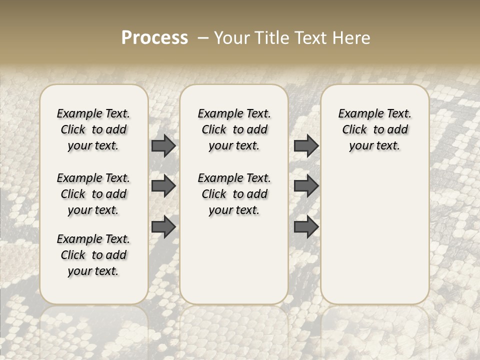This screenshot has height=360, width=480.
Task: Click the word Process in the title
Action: tap(154, 38)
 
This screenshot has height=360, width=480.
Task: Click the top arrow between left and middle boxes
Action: tap(163, 146)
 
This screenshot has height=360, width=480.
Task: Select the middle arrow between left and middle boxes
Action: tap(163, 186)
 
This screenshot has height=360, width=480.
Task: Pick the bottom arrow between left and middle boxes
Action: tap(163, 226)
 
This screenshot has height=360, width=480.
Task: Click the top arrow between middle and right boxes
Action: tap(306, 146)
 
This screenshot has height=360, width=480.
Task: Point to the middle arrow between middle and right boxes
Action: tap(306, 186)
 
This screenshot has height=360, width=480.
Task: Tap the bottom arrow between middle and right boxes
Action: tap(306, 226)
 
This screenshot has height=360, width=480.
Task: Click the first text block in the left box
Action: tap(93, 129)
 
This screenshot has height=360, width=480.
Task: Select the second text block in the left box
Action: tap(93, 194)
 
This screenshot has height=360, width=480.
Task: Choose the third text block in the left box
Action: tap(93, 255)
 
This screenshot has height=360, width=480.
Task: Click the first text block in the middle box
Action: tap(234, 129)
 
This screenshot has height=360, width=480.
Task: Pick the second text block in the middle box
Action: tap(234, 194)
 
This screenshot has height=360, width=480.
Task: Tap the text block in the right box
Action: tap(375, 129)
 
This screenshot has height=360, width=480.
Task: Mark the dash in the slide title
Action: tap(203, 38)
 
